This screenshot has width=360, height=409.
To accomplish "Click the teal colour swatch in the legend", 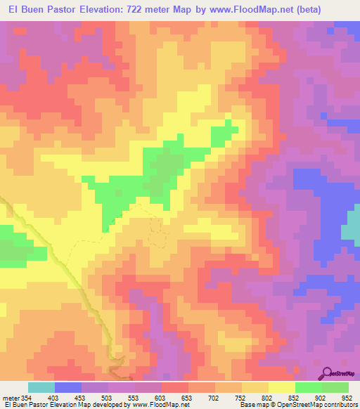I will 41,387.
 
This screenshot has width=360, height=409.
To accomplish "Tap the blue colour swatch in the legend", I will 68,387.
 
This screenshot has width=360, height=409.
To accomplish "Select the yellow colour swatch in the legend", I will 281,387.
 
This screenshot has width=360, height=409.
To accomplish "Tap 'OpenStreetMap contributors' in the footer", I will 319,405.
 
